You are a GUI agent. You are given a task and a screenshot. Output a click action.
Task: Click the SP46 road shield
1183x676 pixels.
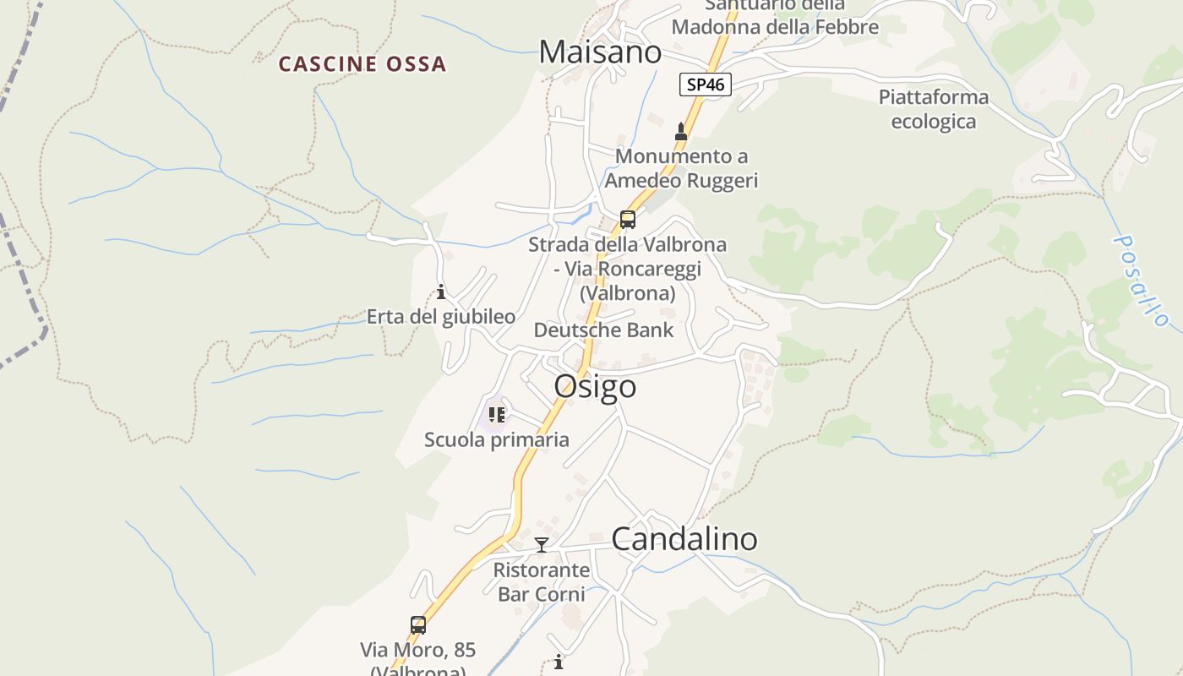tap(705, 84)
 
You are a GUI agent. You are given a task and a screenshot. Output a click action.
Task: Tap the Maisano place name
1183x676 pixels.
tap(600, 52)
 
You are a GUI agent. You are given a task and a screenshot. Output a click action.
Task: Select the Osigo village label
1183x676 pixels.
tap(595, 387)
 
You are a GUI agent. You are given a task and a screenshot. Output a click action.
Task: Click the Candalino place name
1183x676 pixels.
tap(684, 539)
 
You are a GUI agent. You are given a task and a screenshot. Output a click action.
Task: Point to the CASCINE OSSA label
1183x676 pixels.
tap(363, 64)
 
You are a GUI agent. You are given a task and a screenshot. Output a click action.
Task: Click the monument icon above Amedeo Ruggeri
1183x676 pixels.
tap(681, 131)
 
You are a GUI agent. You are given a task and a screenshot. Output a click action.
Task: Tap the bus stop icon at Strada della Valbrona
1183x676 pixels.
tap(627, 220)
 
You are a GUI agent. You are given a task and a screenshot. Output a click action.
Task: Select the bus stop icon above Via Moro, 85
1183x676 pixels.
tap(418, 625)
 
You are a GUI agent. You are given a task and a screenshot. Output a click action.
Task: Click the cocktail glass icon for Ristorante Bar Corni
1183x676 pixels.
tap(542, 545)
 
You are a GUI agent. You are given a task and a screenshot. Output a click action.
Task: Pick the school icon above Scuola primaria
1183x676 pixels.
tap(496, 415)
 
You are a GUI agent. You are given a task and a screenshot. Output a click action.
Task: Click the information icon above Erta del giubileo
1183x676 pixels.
tap(441, 292)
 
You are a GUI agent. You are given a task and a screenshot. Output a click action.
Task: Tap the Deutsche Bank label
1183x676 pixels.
tap(603, 330)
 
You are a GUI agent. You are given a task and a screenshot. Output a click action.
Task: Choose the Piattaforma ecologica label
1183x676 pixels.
tap(934, 109)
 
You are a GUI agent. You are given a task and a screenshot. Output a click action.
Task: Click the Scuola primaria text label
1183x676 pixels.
tap(496, 439)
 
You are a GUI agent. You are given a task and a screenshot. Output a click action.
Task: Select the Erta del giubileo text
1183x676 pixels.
tap(440, 317)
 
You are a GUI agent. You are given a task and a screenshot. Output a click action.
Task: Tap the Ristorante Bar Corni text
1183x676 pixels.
tap(542, 581)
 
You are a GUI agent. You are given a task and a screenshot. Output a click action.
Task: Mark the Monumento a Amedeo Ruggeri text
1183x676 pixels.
tap(681, 168)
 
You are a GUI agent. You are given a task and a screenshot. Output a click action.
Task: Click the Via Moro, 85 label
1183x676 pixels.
tap(418, 651)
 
